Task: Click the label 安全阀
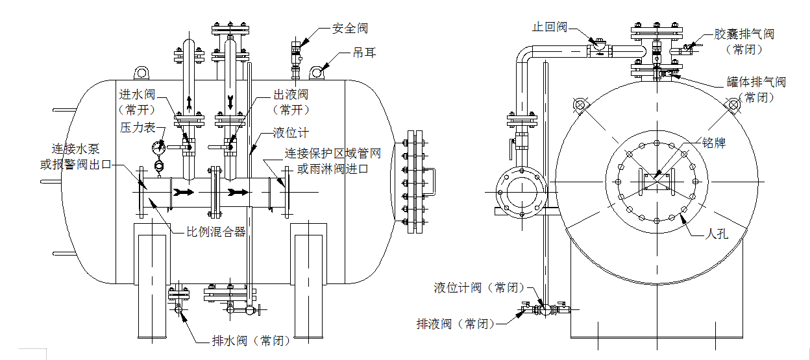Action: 350,29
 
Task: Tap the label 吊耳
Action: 364,53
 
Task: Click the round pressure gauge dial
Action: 158,147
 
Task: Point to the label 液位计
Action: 291,133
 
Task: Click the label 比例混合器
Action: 215,232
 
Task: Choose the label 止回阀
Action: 550,27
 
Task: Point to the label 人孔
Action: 717,234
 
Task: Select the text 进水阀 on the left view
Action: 136,95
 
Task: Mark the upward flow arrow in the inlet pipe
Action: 189,102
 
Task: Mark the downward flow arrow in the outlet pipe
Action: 230,102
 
